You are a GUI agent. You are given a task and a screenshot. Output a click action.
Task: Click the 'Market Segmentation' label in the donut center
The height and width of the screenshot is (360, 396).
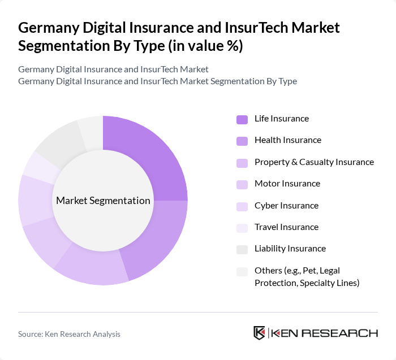point(103,201)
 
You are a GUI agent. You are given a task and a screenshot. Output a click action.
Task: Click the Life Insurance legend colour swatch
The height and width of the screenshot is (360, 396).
point(242,119)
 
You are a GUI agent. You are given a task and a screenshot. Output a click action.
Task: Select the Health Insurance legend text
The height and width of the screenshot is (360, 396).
point(287,140)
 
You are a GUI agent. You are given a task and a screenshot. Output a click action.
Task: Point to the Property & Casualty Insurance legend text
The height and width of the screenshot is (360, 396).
point(314,162)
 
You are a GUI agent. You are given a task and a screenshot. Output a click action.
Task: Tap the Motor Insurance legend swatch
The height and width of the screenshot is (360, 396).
point(242,184)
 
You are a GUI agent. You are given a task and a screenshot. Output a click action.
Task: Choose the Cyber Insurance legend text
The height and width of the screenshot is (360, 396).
point(286,206)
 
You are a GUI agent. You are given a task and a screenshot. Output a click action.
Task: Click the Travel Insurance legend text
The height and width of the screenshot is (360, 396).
point(286,227)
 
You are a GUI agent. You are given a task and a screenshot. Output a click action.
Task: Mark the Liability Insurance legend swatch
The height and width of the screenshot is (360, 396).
point(242,249)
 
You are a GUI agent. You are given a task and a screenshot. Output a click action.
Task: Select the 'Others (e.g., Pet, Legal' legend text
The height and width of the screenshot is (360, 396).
point(301,271)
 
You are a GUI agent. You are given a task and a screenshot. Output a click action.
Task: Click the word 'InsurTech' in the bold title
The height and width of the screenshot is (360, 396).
point(253,27)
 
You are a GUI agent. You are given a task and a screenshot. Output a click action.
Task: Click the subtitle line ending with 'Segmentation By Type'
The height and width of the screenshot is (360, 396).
point(157,81)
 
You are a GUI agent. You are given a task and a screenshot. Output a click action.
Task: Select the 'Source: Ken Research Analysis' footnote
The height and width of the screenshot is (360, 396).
point(69,334)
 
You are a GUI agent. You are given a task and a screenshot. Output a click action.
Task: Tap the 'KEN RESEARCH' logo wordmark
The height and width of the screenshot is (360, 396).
point(325,333)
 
